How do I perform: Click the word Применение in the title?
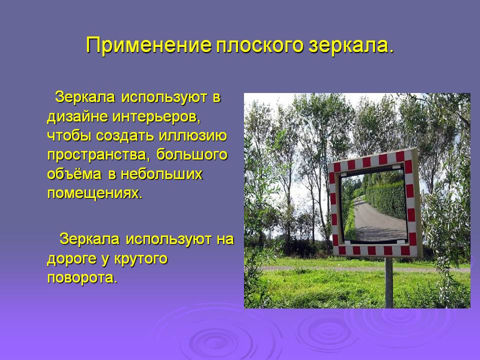(x=149, y=45)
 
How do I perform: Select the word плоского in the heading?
(x=260, y=45)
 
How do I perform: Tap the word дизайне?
(x=77, y=117)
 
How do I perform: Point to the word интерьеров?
(x=156, y=117)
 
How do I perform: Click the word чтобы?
(x=69, y=136)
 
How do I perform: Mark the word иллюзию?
(x=193, y=136)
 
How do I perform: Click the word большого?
(x=192, y=155)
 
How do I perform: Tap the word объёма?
(x=74, y=174)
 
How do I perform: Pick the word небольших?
(x=161, y=174)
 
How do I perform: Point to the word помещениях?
(x=95, y=193)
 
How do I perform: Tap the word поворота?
(x=82, y=278)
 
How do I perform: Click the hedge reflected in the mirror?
(x=387, y=199)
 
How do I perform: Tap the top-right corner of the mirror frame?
(x=415, y=149)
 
